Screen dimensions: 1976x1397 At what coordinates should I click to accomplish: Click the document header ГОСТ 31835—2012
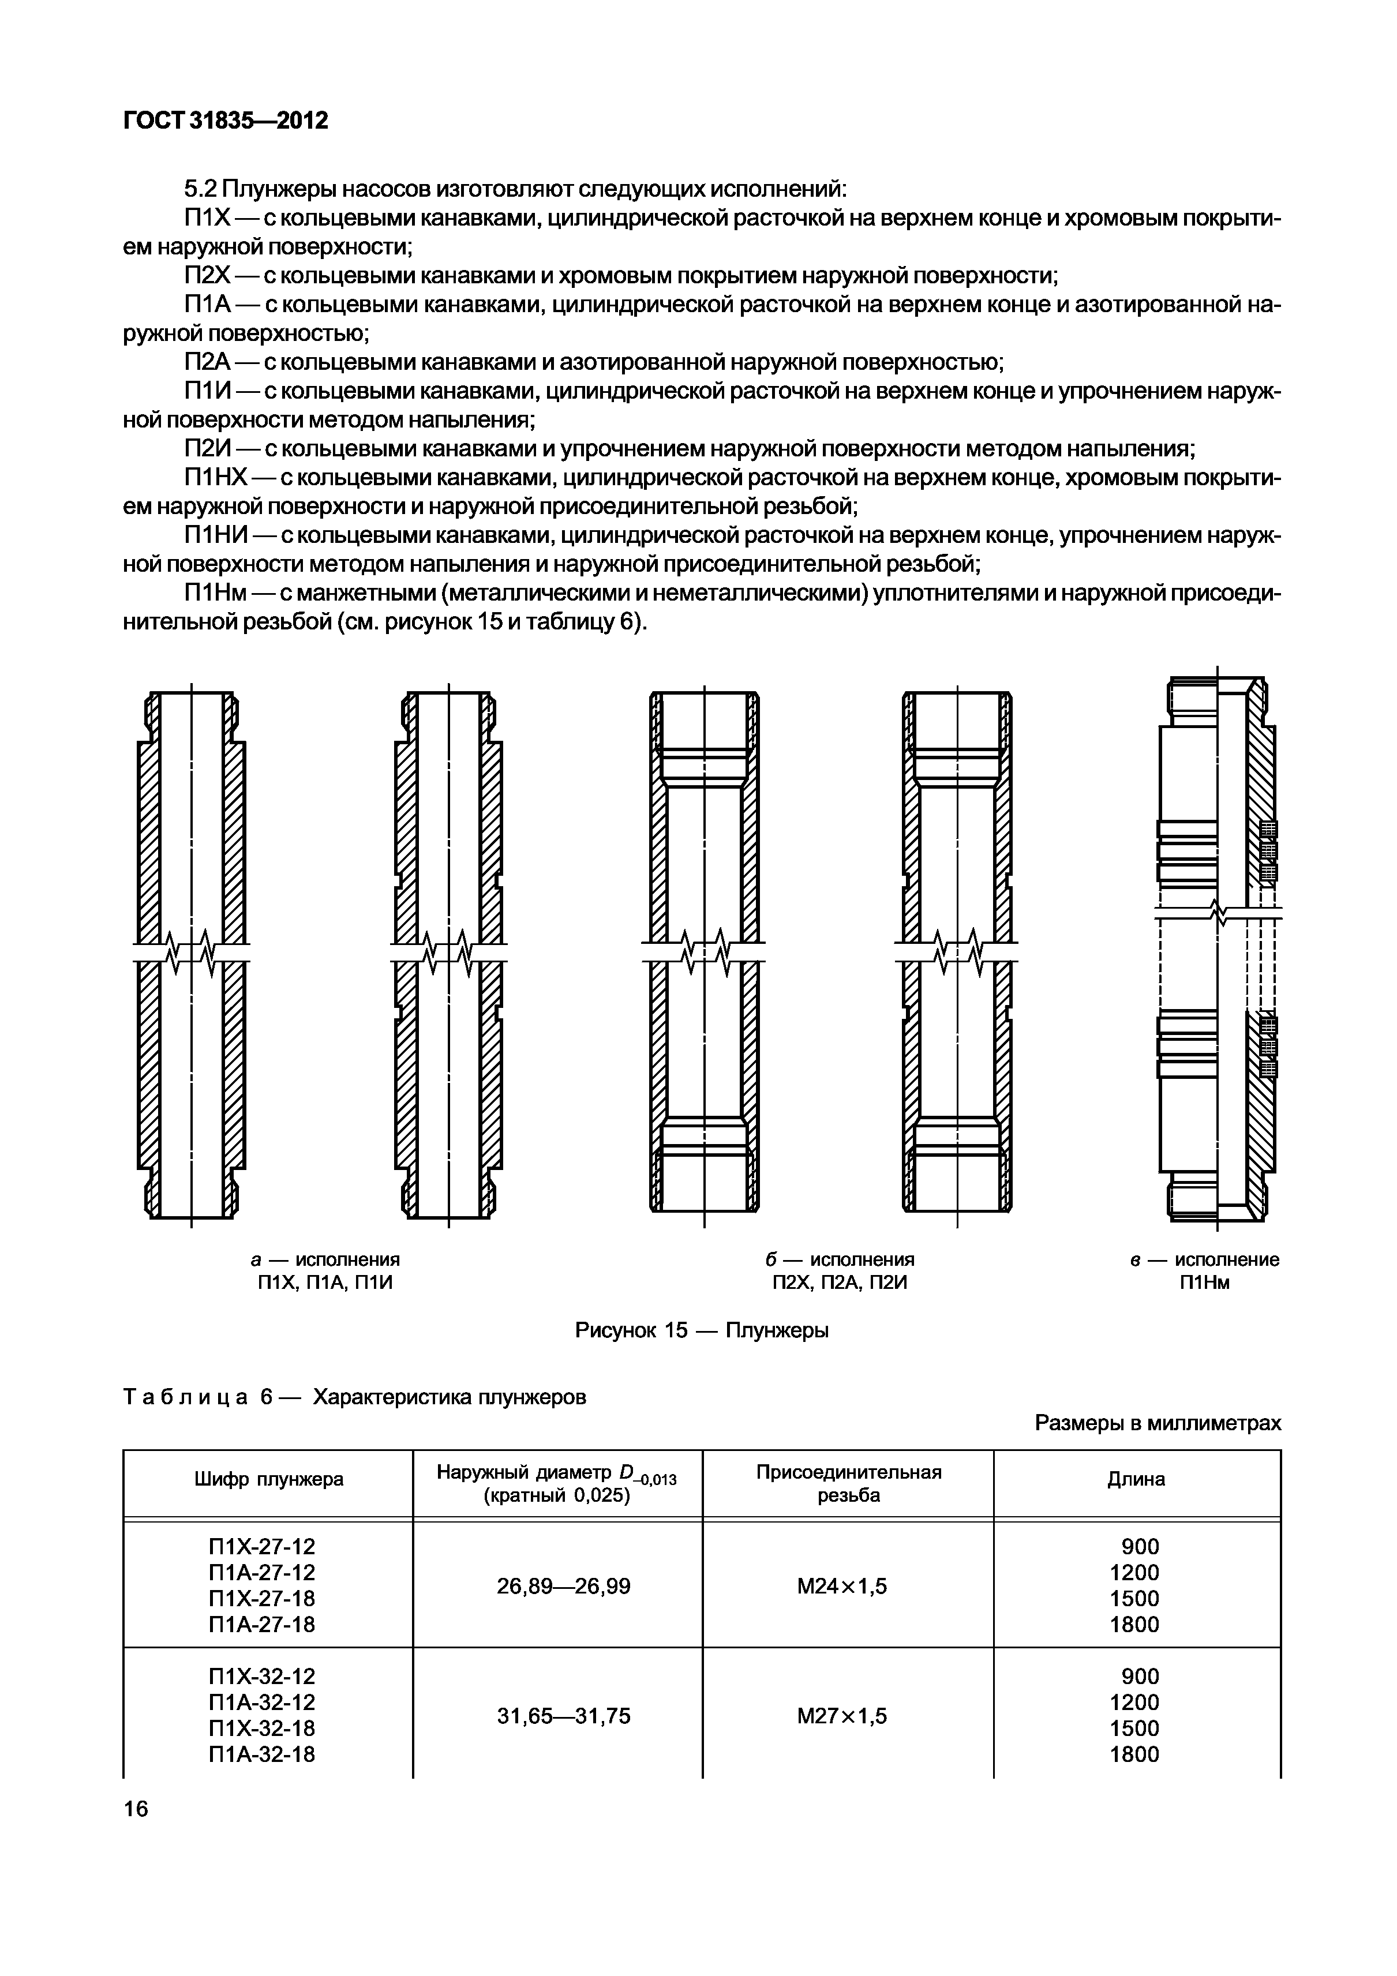(x=226, y=121)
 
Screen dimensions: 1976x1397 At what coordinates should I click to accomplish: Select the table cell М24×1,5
(x=842, y=1586)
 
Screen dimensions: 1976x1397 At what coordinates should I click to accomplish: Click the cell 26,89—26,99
(x=564, y=1586)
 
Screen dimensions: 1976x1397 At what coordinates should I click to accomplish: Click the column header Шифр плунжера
(x=268, y=1479)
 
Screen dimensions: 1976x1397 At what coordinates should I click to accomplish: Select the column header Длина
(x=1136, y=1479)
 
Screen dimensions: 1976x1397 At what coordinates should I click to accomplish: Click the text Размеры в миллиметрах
(x=1158, y=1423)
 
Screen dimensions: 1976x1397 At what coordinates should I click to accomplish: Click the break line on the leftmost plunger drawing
(x=191, y=950)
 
